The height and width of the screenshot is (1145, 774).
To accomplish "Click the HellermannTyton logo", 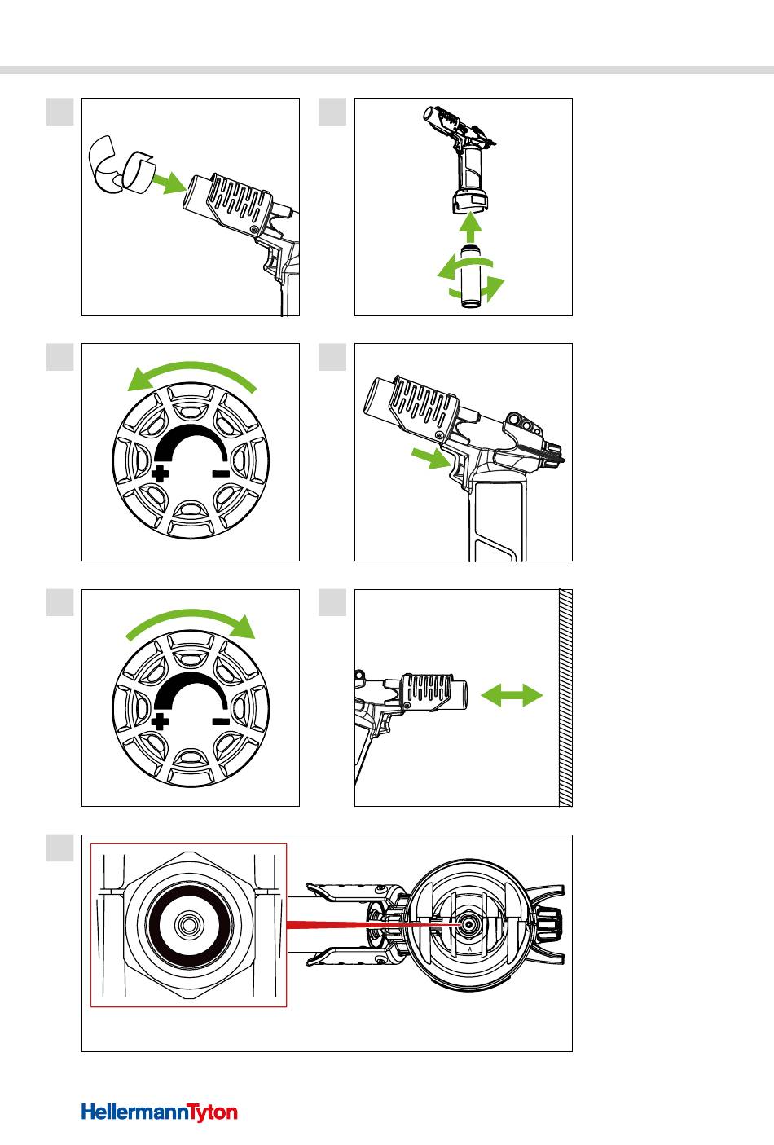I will click(159, 1112).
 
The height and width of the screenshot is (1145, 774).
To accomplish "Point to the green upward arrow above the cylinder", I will click(468, 224).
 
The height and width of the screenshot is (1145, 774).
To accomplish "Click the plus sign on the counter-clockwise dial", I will click(161, 474).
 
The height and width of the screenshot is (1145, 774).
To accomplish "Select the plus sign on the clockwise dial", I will click(161, 720).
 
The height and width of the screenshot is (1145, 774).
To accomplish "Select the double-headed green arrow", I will click(512, 695).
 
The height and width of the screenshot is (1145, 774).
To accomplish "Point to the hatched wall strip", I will click(565, 698).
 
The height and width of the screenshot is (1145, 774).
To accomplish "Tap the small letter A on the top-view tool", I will click(471, 949).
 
